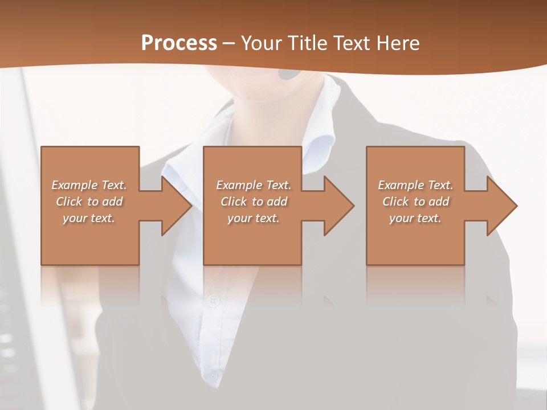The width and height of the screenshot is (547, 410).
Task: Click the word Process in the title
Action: pos(179,43)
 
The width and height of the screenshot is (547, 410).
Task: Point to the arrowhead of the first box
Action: pos(177,206)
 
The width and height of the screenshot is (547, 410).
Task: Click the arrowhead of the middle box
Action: pos(339,206)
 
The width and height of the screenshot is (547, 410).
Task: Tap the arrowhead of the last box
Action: pos(502,206)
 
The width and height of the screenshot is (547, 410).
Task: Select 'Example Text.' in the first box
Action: pos(89,185)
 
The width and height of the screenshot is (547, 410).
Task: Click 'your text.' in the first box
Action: pos(89,218)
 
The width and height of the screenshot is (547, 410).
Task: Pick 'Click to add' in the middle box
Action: pos(254,202)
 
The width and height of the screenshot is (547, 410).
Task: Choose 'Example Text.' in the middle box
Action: pos(254,185)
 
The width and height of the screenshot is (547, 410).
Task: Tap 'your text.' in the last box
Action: pos(415,218)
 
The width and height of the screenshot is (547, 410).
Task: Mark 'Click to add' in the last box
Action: pos(415,202)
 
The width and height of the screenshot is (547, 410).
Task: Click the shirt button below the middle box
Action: pos(214,300)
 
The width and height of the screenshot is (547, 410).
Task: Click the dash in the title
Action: pos(229,43)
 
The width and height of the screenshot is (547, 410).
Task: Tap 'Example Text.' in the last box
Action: pos(415,185)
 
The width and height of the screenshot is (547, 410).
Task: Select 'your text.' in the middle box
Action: pos(254,218)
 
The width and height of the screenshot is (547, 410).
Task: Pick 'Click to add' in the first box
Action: pos(89,202)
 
